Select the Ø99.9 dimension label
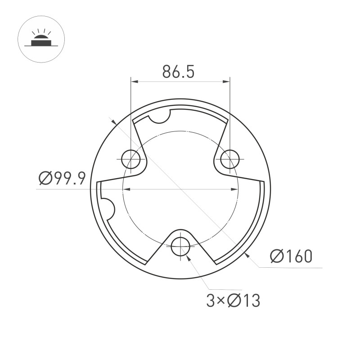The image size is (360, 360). click(62, 179)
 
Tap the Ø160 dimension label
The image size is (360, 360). click(291, 256)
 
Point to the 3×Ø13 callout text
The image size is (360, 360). click(233, 301)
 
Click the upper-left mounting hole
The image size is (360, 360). click(131, 159)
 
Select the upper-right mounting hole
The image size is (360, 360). click(229, 159)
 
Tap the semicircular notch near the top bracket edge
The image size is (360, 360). click(159, 116)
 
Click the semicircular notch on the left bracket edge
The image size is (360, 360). click(106, 207)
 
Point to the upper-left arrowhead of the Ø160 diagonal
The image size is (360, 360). click(113, 121)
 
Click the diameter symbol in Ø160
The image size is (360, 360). click(276, 256)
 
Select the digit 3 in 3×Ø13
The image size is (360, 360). click(210, 301)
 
